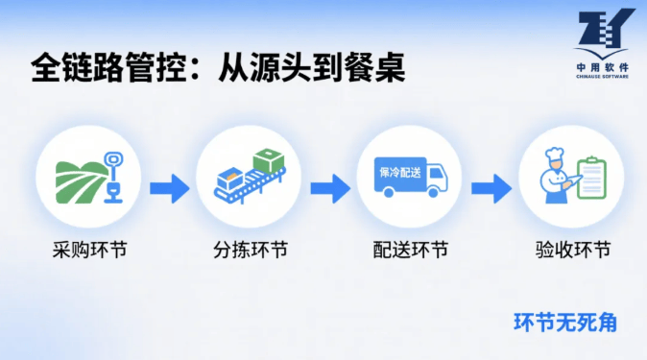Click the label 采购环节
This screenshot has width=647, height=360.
tap(89, 250)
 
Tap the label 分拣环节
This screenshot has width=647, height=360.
tap(251, 250)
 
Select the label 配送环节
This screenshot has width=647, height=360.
tap(411, 250)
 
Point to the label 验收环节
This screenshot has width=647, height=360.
tap(573, 250)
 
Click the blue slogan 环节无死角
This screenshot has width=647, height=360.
tap(565, 323)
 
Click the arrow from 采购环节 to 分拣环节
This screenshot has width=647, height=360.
tap(170, 189)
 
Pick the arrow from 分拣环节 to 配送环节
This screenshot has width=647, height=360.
tap(330, 189)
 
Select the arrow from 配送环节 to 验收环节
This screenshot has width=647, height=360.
tap(491, 189)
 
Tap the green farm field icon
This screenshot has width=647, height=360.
tap(80, 182)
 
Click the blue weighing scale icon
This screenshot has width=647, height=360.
tap(113, 178)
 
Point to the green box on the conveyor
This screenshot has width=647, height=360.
tap(269, 160)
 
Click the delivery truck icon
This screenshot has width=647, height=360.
tap(411, 177)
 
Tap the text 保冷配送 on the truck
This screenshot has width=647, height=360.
tap(400, 172)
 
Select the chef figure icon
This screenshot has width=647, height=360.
tap(557, 176)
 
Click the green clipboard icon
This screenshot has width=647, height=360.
tap(591, 178)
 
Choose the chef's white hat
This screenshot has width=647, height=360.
tap(554, 154)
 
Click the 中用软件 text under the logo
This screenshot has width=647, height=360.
tap(603, 67)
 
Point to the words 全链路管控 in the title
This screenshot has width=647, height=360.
tap(108, 67)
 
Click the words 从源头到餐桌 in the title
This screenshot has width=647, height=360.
tap(312, 67)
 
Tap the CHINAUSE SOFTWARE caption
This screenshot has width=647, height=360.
tap(603, 77)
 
